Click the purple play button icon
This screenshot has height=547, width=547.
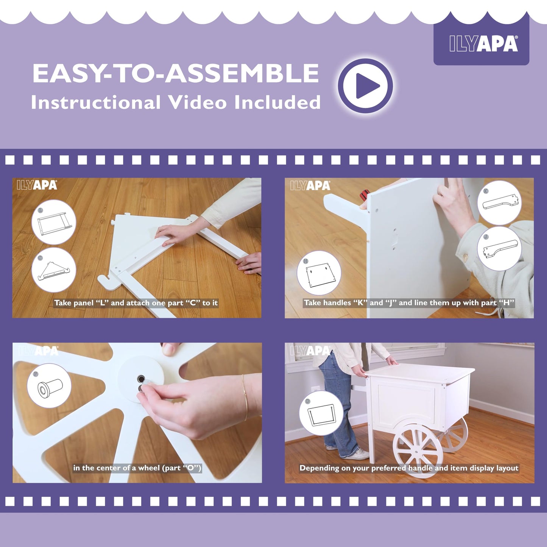tap(365, 86)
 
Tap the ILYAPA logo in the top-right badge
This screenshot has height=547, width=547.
tap(484, 44)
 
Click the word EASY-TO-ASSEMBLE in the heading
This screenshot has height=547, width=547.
tap(176, 73)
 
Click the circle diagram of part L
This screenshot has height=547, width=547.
tap(54, 222)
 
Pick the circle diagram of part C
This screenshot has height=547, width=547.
tap(54, 270)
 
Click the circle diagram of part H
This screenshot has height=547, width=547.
tap(319, 273)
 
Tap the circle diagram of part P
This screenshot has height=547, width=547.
tap(50, 386)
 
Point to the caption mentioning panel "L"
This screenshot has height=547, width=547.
tap(136, 303)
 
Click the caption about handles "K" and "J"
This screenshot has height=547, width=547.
tap(409, 302)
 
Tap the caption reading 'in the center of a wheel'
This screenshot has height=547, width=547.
tap(137, 468)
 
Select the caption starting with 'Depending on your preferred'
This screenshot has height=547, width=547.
tap(409, 468)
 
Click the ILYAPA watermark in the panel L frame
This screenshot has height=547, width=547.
tap(37, 185)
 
